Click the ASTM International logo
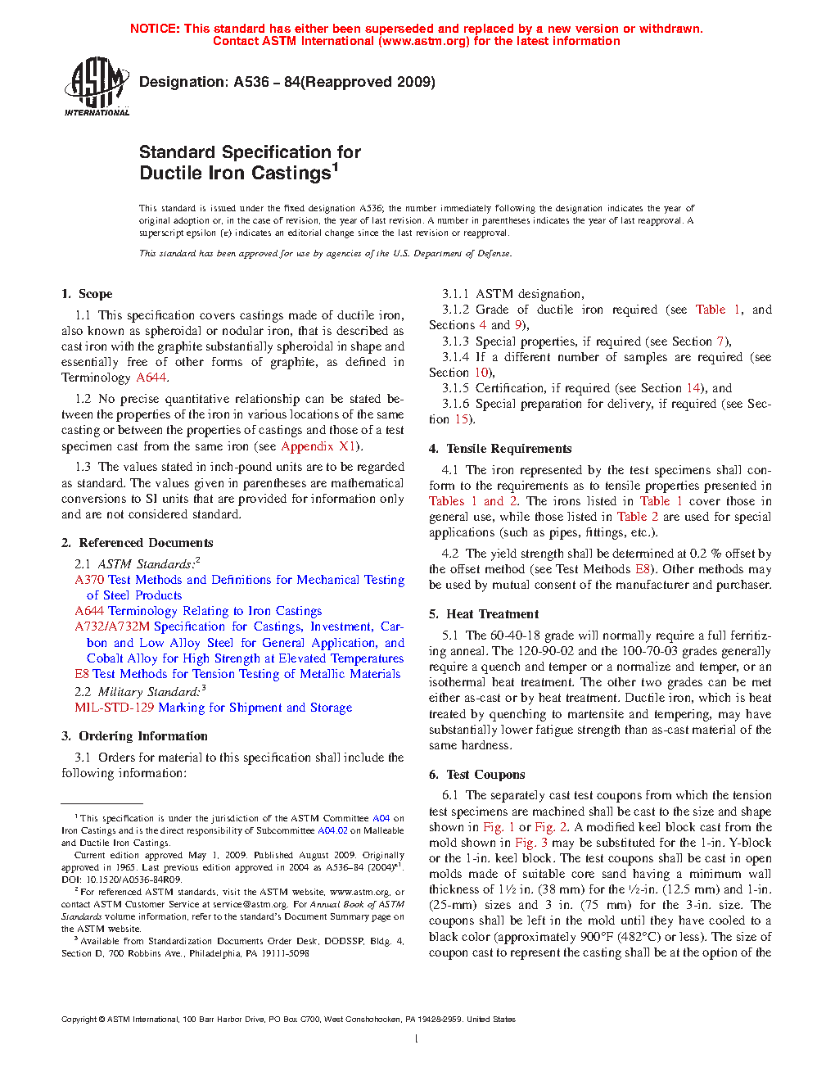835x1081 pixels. [97, 86]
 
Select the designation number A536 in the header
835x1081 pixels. [250, 82]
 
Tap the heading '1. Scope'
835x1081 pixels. [87, 294]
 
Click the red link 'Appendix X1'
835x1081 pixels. [318, 446]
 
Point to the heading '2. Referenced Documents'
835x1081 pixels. [138, 543]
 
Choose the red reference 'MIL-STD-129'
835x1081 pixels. [114, 708]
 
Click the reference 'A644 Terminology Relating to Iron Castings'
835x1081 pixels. [198, 611]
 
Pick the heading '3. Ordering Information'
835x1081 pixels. [134, 736]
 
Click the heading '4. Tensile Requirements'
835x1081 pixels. [500, 449]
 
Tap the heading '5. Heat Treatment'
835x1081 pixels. [484, 614]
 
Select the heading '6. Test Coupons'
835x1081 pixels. [477, 775]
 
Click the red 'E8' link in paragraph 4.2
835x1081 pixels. [643, 569]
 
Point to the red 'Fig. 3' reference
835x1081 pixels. [531, 843]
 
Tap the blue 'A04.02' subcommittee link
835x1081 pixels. [332, 830]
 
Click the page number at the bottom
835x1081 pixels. [417, 1039]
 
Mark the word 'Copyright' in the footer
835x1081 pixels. [79, 1020]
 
